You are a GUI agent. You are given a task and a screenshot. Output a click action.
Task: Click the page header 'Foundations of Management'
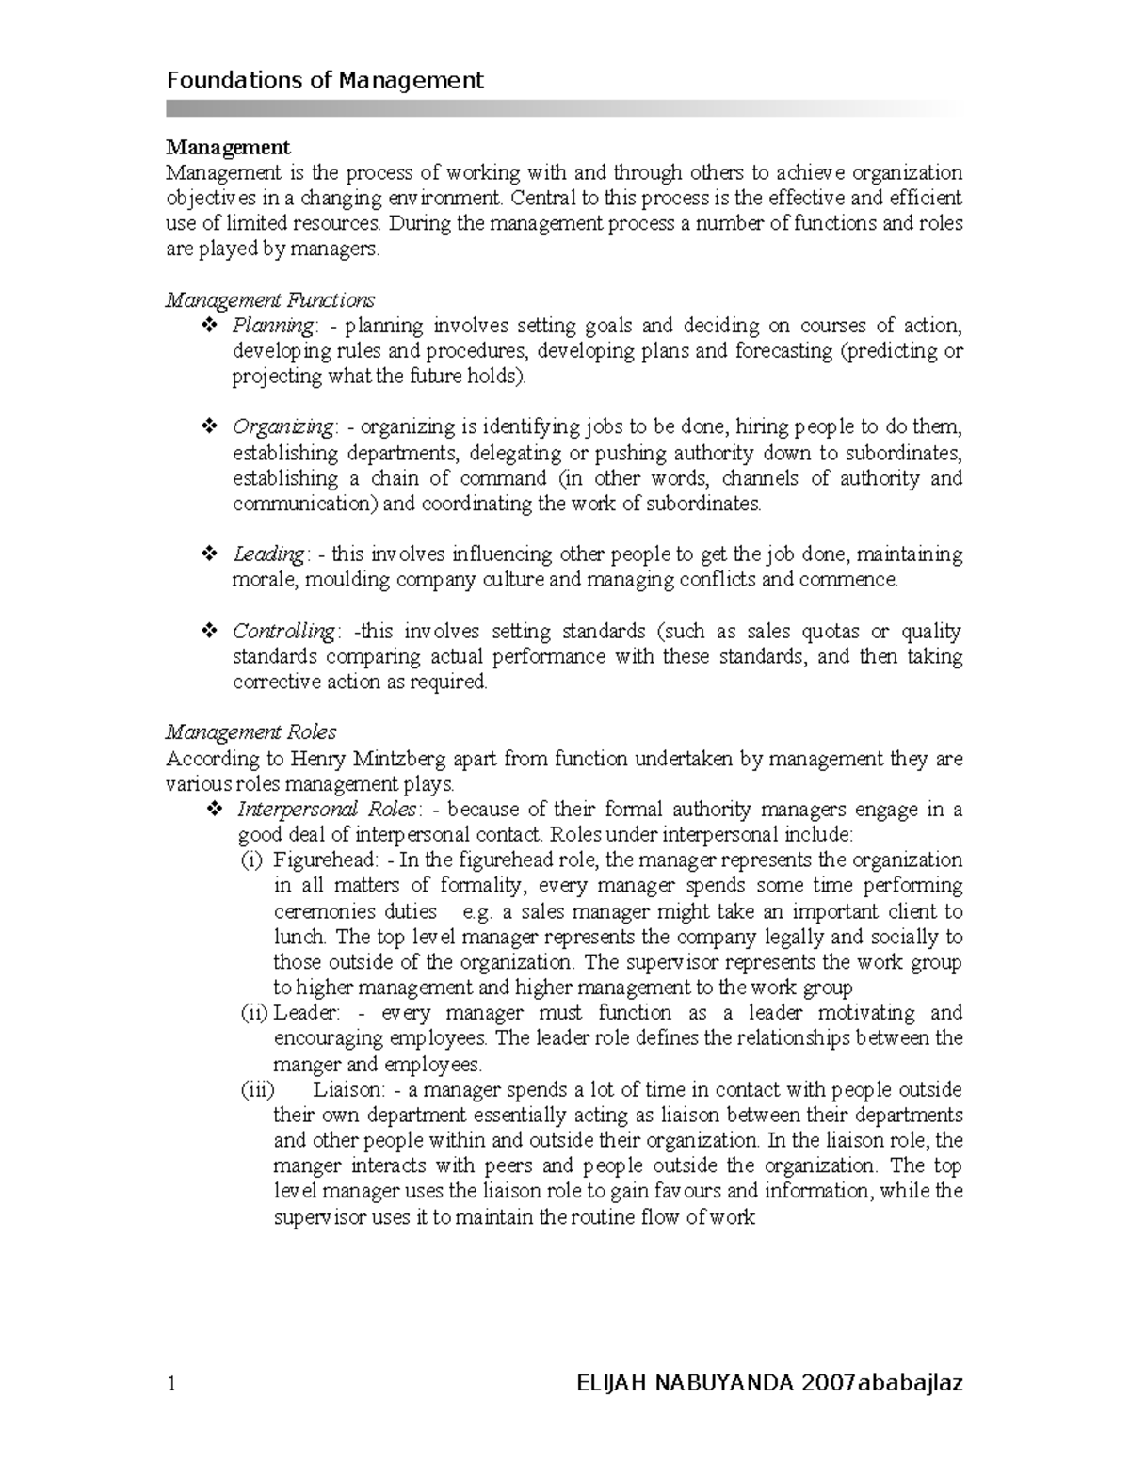point(325,80)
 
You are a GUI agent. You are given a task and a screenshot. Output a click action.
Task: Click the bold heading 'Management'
point(228,147)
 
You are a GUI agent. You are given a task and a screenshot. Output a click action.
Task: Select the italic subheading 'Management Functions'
point(270,300)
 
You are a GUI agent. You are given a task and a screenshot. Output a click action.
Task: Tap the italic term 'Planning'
point(273,326)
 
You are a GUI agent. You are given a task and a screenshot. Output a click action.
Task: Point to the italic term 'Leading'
point(268,554)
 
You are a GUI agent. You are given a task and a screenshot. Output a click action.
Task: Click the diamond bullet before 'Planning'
point(210,326)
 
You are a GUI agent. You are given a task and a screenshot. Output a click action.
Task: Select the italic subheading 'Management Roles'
point(250,731)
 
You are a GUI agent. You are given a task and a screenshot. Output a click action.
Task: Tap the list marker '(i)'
point(252,860)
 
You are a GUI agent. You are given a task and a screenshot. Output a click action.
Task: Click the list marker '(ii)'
point(255,1013)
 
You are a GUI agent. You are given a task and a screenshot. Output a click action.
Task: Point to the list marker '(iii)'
point(257,1090)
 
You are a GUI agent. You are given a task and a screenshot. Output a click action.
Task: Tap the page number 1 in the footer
point(171,1384)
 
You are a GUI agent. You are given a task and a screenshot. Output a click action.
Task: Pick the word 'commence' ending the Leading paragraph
point(847,580)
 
